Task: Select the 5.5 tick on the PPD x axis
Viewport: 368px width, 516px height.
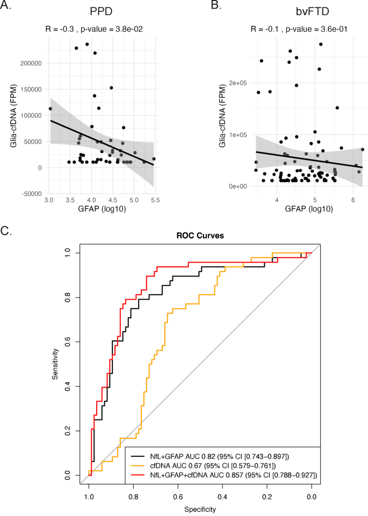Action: click(x=154, y=200)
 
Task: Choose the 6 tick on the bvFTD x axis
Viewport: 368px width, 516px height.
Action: click(x=352, y=200)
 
